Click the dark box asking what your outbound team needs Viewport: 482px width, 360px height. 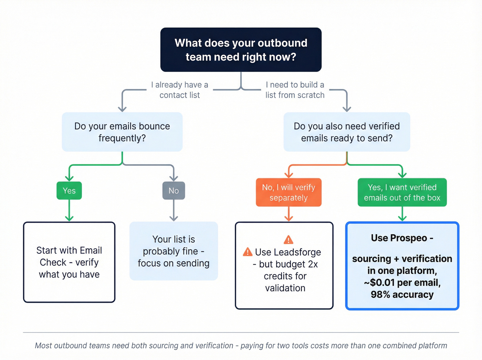click(x=241, y=50)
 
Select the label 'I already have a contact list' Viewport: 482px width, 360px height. click(x=179, y=90)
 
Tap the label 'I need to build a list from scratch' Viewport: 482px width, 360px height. click(x=295, y=90)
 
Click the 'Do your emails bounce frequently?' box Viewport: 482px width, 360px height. click(x=122, y=132)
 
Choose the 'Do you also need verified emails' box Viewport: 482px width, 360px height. click(x=347, y=132)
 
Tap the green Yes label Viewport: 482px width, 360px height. click(x=69, y=191)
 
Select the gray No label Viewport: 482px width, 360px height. click(x=174, y=191)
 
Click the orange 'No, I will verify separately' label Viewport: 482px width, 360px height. click(x=289, y=192)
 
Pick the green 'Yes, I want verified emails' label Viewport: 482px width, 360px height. click(x=402, y=192)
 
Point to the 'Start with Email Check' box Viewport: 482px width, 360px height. click(x=69, y=262)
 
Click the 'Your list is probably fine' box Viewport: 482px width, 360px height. click(x=174, y=251)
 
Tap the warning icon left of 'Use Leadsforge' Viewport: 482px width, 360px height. click(x=248, y=252)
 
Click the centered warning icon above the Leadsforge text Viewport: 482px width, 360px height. click(x=289, y=239)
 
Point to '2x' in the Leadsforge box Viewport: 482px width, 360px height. click(x=313, y=264)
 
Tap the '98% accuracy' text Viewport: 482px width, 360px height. click(x=402, y=295)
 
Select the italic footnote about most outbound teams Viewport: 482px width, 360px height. click(x=241, y=346)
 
